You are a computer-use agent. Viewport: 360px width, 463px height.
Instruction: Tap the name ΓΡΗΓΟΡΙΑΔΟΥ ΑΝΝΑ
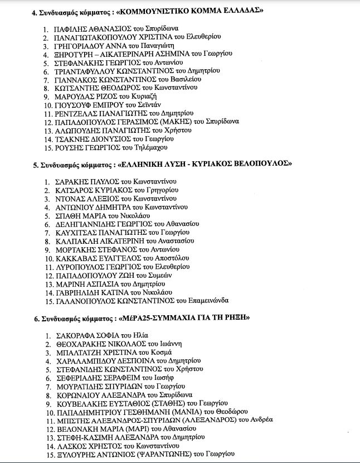click(x=95, y=45)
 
